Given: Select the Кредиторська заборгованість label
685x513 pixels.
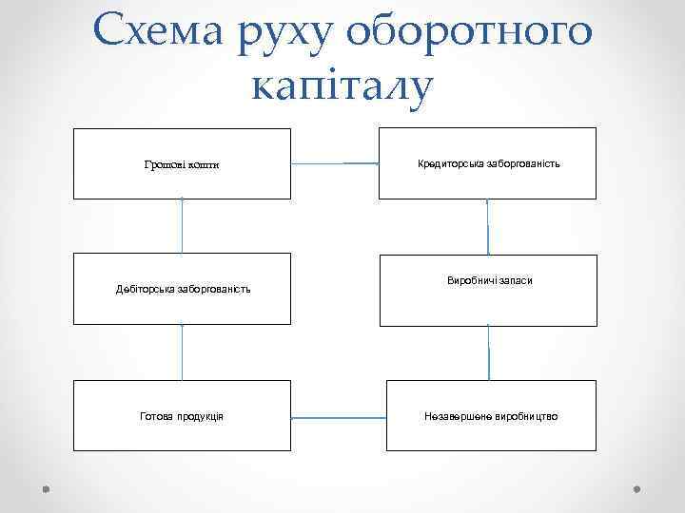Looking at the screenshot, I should (488, 163).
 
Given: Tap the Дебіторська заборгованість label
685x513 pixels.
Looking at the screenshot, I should (183, 289).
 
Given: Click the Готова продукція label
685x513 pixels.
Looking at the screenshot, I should (182, 416).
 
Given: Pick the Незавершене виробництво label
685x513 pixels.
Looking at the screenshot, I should (492, 416).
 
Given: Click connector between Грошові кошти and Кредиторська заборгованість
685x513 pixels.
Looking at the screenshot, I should (335, 163).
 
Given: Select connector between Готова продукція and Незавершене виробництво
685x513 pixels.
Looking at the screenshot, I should (339, 416).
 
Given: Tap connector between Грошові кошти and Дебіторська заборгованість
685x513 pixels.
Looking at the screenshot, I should (182, 226).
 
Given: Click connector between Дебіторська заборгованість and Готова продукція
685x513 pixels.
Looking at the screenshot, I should (182, 351).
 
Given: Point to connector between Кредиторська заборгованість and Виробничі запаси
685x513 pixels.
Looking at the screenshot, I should (488, 227).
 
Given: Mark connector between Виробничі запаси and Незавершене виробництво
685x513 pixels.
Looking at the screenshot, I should (489, 351).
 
